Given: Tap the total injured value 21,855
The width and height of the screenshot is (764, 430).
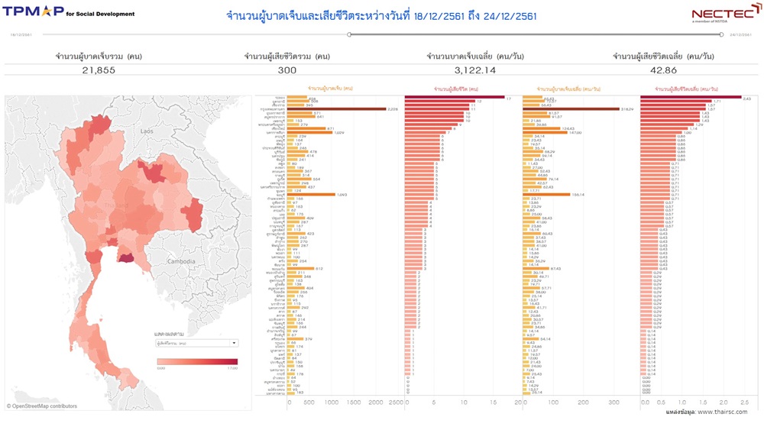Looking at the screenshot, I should pos(99,70).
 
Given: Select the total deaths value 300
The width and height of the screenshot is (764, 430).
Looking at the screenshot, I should pos(286,70).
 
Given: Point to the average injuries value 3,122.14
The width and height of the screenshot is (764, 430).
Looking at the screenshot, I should pos(475,70).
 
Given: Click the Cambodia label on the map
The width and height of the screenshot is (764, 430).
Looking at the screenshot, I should pos(183,261).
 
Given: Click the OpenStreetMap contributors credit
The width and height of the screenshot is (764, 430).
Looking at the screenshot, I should pos(43,406).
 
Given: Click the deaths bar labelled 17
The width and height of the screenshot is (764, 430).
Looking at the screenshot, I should pos(454,98).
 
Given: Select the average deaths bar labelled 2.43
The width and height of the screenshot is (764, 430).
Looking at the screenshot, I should pos(691,98).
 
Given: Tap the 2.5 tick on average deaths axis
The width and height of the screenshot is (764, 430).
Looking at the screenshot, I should pos(745,402).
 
